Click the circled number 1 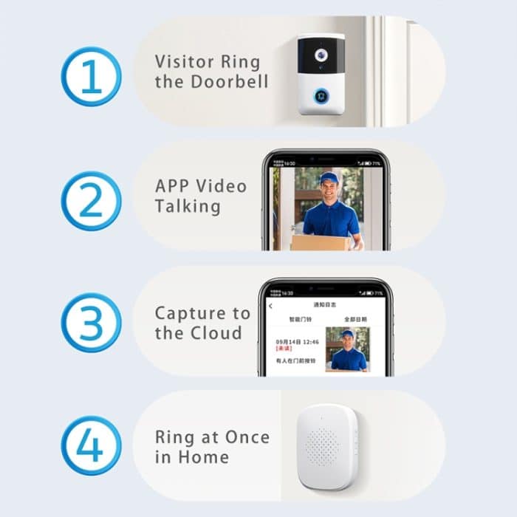click(91, 76)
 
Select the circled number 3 click(91, 322)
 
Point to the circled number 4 click(91, 445)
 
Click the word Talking click(188, 206)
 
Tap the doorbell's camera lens click(321, 55)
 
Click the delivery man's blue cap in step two click(329, 178)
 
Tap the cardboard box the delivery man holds click(318, 242)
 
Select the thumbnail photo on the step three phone click(347, 349)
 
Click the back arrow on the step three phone click(270, 306)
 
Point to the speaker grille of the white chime click(322, 445)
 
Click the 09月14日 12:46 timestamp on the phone click(297, 341)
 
